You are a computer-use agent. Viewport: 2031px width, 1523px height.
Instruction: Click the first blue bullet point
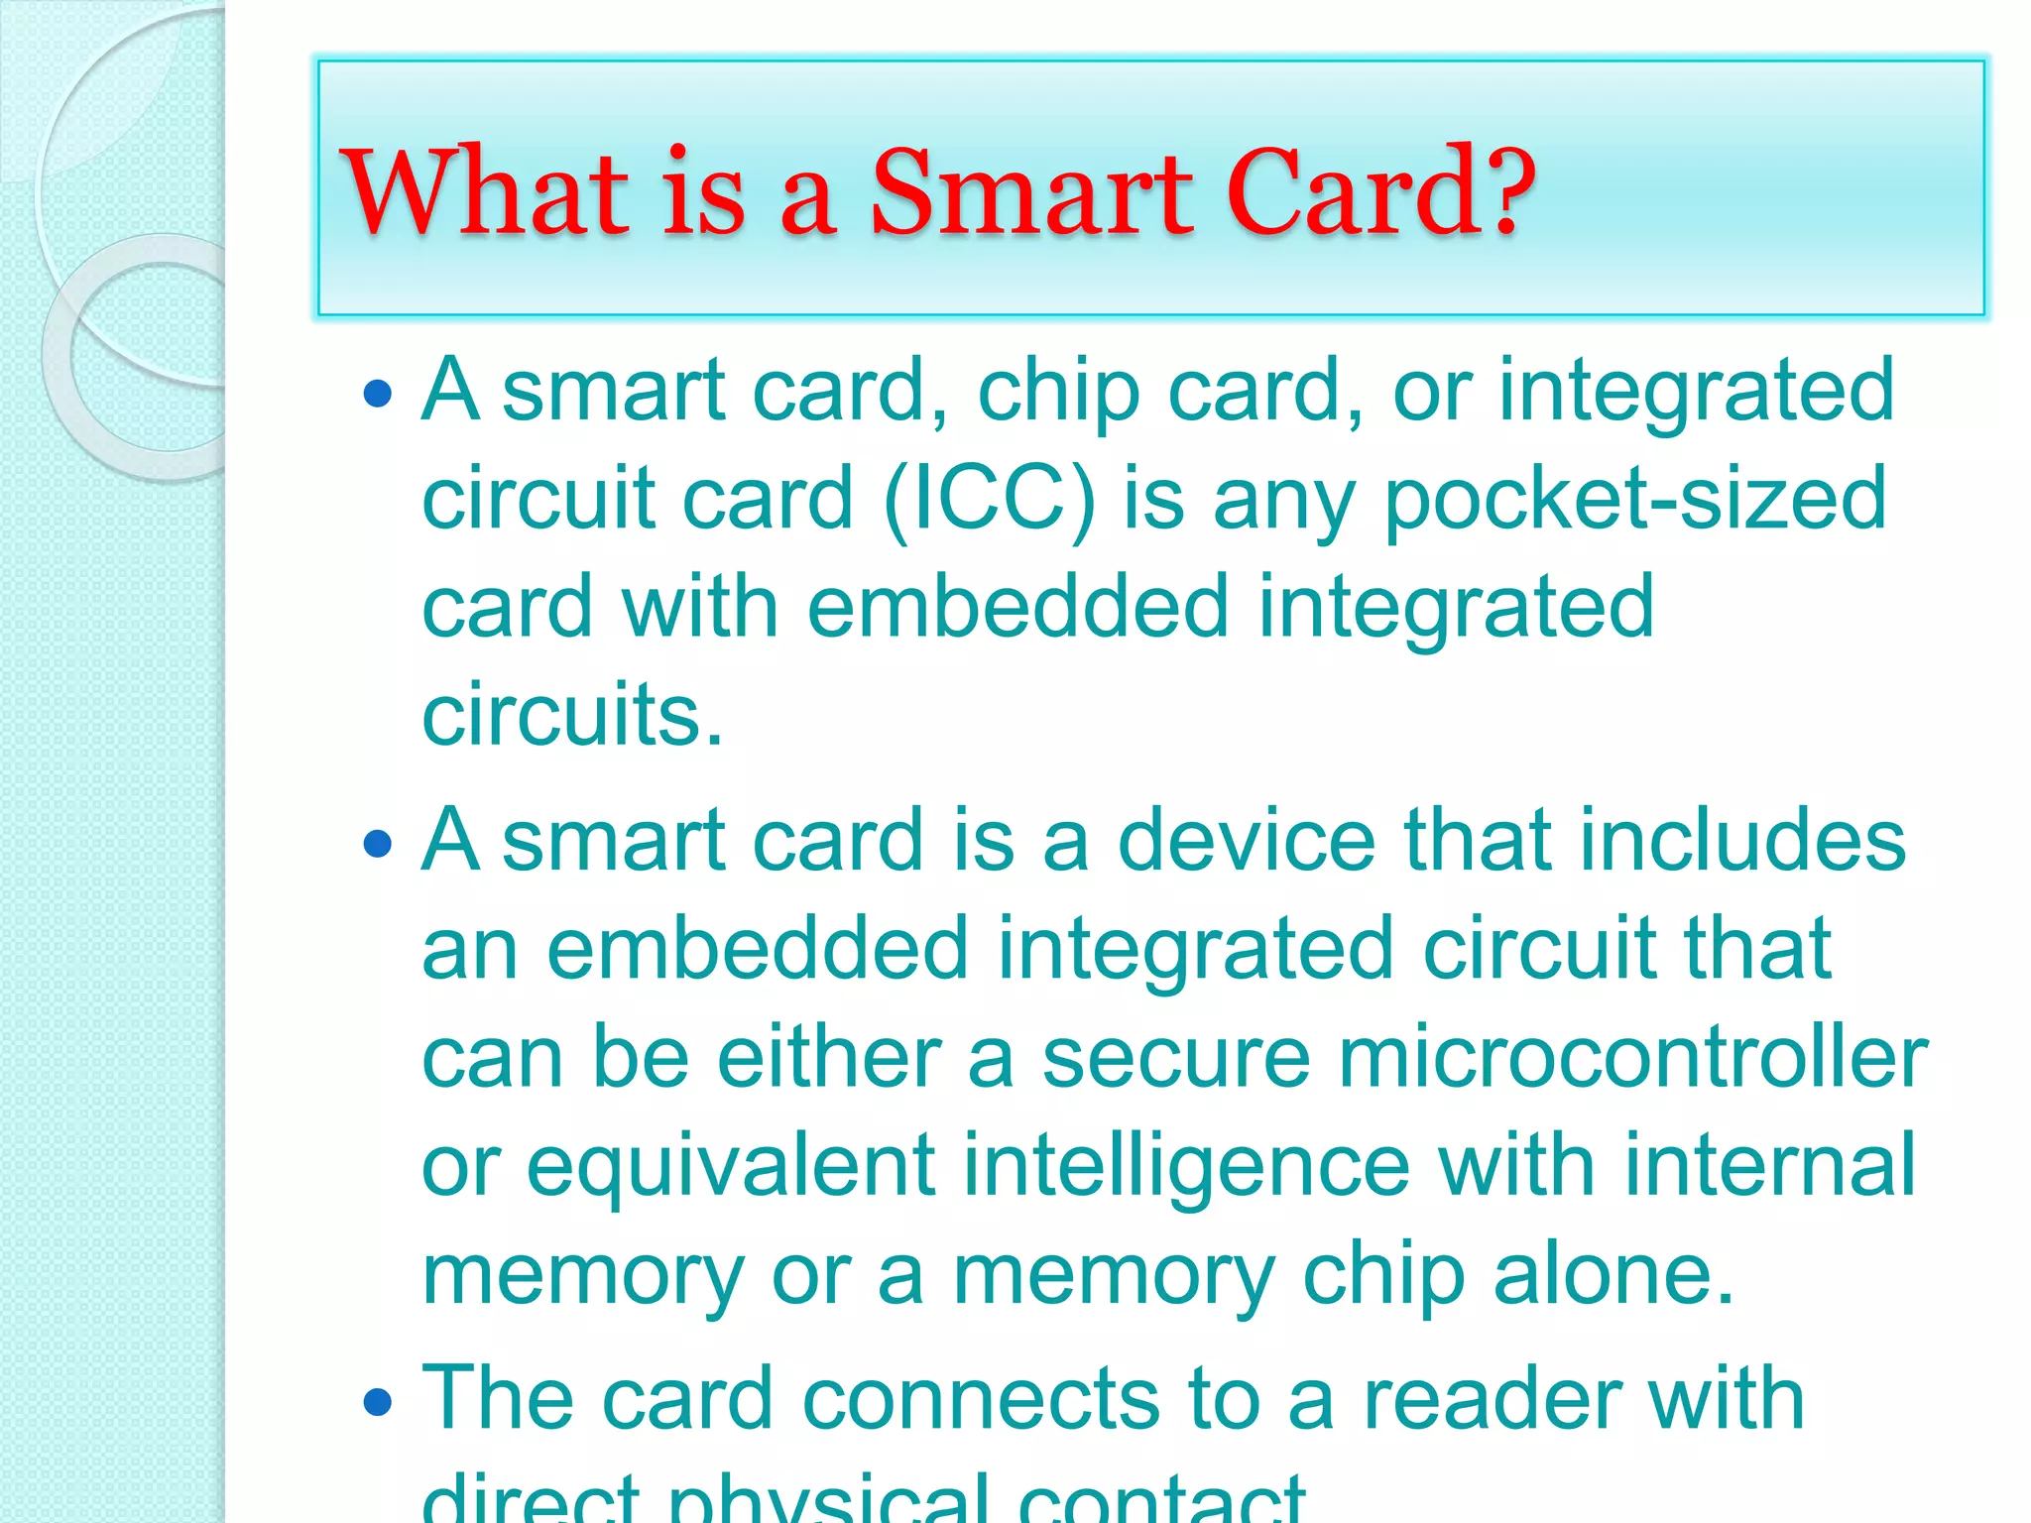pos(378,396)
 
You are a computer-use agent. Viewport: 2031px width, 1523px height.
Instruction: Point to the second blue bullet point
pos(378,845)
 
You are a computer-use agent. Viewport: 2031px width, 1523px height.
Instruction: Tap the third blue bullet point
pos(378,1403)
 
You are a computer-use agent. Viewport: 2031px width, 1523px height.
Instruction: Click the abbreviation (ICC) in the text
pos(990,499)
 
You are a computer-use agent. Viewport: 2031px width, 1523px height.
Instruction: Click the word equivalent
pos(731,1167)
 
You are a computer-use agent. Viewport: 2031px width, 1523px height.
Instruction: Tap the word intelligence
pos(1186,1167)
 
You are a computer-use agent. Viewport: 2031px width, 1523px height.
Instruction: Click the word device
pos(1247,841)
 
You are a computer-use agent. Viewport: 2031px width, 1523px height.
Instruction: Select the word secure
pos(1176,1058)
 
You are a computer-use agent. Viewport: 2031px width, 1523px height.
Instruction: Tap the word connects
pos(981,1399)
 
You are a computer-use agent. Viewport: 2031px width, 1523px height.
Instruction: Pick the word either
pos(828,1058)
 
